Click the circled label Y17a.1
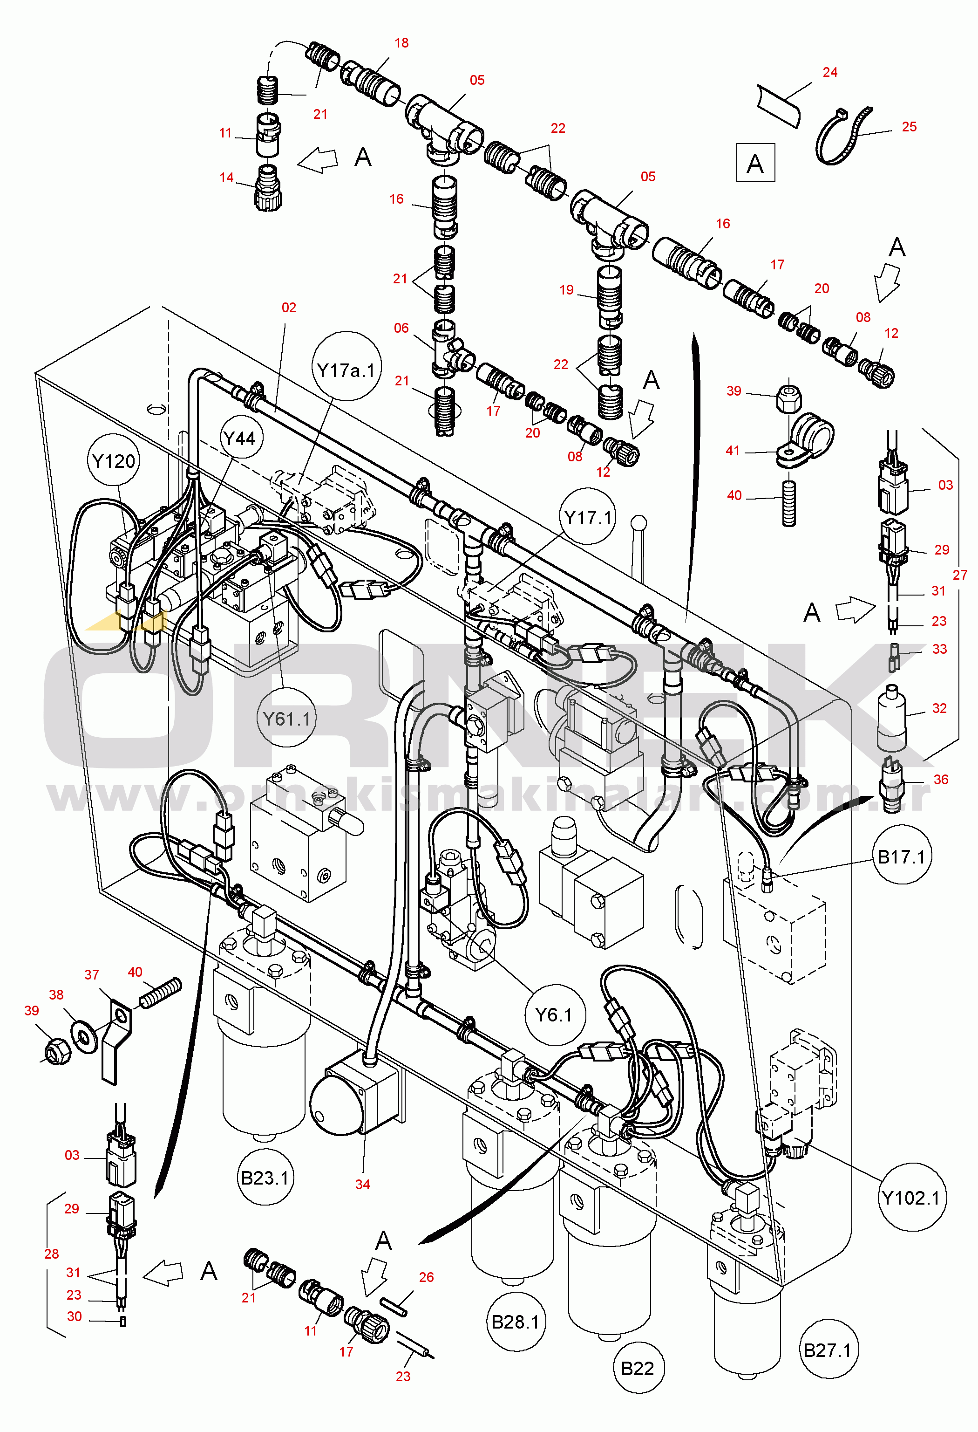pos(346,370)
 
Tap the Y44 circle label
pos(239,439)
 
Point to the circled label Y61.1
pos(286,719)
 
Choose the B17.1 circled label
pos(902,856)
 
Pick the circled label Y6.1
pos(554,1015)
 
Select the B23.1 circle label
pos(265,1178)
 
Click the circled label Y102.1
pos(911,1198)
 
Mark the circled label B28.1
pos(516,1321)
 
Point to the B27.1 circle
pos(828,1350)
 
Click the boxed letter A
pos(755,163)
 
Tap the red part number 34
pos(362,1184)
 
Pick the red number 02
pos(288,308)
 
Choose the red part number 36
pos(940,780)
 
